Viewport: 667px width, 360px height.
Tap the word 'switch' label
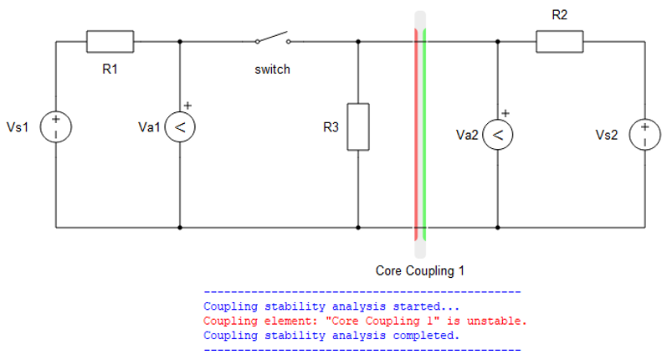(272, 69)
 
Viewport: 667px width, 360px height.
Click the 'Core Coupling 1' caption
(420, 270)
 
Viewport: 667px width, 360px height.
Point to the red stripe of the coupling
(417, 135)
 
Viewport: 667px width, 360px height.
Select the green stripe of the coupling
(424, 135)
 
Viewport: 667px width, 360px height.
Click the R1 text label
(110, 69)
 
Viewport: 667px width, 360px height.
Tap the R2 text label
(559, 15)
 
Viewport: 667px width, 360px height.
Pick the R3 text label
(331, 126)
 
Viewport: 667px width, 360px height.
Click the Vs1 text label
(18, 126)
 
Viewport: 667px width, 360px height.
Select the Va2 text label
(467, 135)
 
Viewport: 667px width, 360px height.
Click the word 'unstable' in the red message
(497, 321)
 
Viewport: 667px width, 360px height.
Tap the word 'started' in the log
(417, 306)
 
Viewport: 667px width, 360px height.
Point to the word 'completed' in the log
(423, 336)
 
